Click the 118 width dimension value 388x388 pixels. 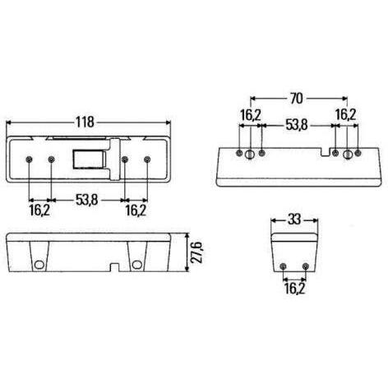[85, 122]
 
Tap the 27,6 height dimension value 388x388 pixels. [197, 252]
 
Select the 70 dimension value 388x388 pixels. [297, 99]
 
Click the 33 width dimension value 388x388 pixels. [294, 219]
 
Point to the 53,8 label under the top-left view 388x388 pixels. [87, 200]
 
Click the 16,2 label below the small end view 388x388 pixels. [294, 289]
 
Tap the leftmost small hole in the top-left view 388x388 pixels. [29, 159]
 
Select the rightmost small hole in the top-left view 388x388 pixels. [147, 159]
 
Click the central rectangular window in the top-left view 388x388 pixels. [90, 159]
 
